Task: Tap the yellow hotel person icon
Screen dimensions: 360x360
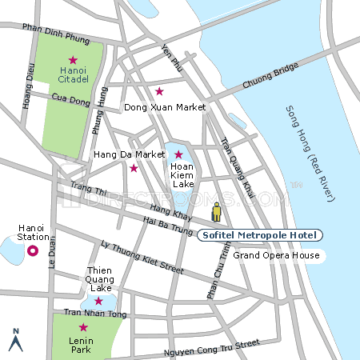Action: [x=216, y=213]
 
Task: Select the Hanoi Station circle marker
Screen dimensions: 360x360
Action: [x=33, y=251]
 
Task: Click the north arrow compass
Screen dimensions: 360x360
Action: [x=14, y=341]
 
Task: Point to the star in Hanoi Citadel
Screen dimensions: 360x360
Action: [x=73, y=60]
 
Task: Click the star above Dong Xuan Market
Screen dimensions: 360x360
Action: [x=159, y=91]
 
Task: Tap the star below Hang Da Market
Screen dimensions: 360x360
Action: [x=134, y=168]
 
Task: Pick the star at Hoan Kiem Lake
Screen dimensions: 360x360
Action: [x=178, y=154]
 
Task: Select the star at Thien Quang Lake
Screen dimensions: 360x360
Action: [x=98, y=301]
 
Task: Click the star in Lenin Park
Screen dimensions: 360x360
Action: [x=82, y=327]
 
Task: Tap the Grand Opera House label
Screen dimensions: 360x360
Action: [x=276, y=256]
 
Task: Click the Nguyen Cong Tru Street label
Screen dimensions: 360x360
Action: [x=211, y=347]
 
